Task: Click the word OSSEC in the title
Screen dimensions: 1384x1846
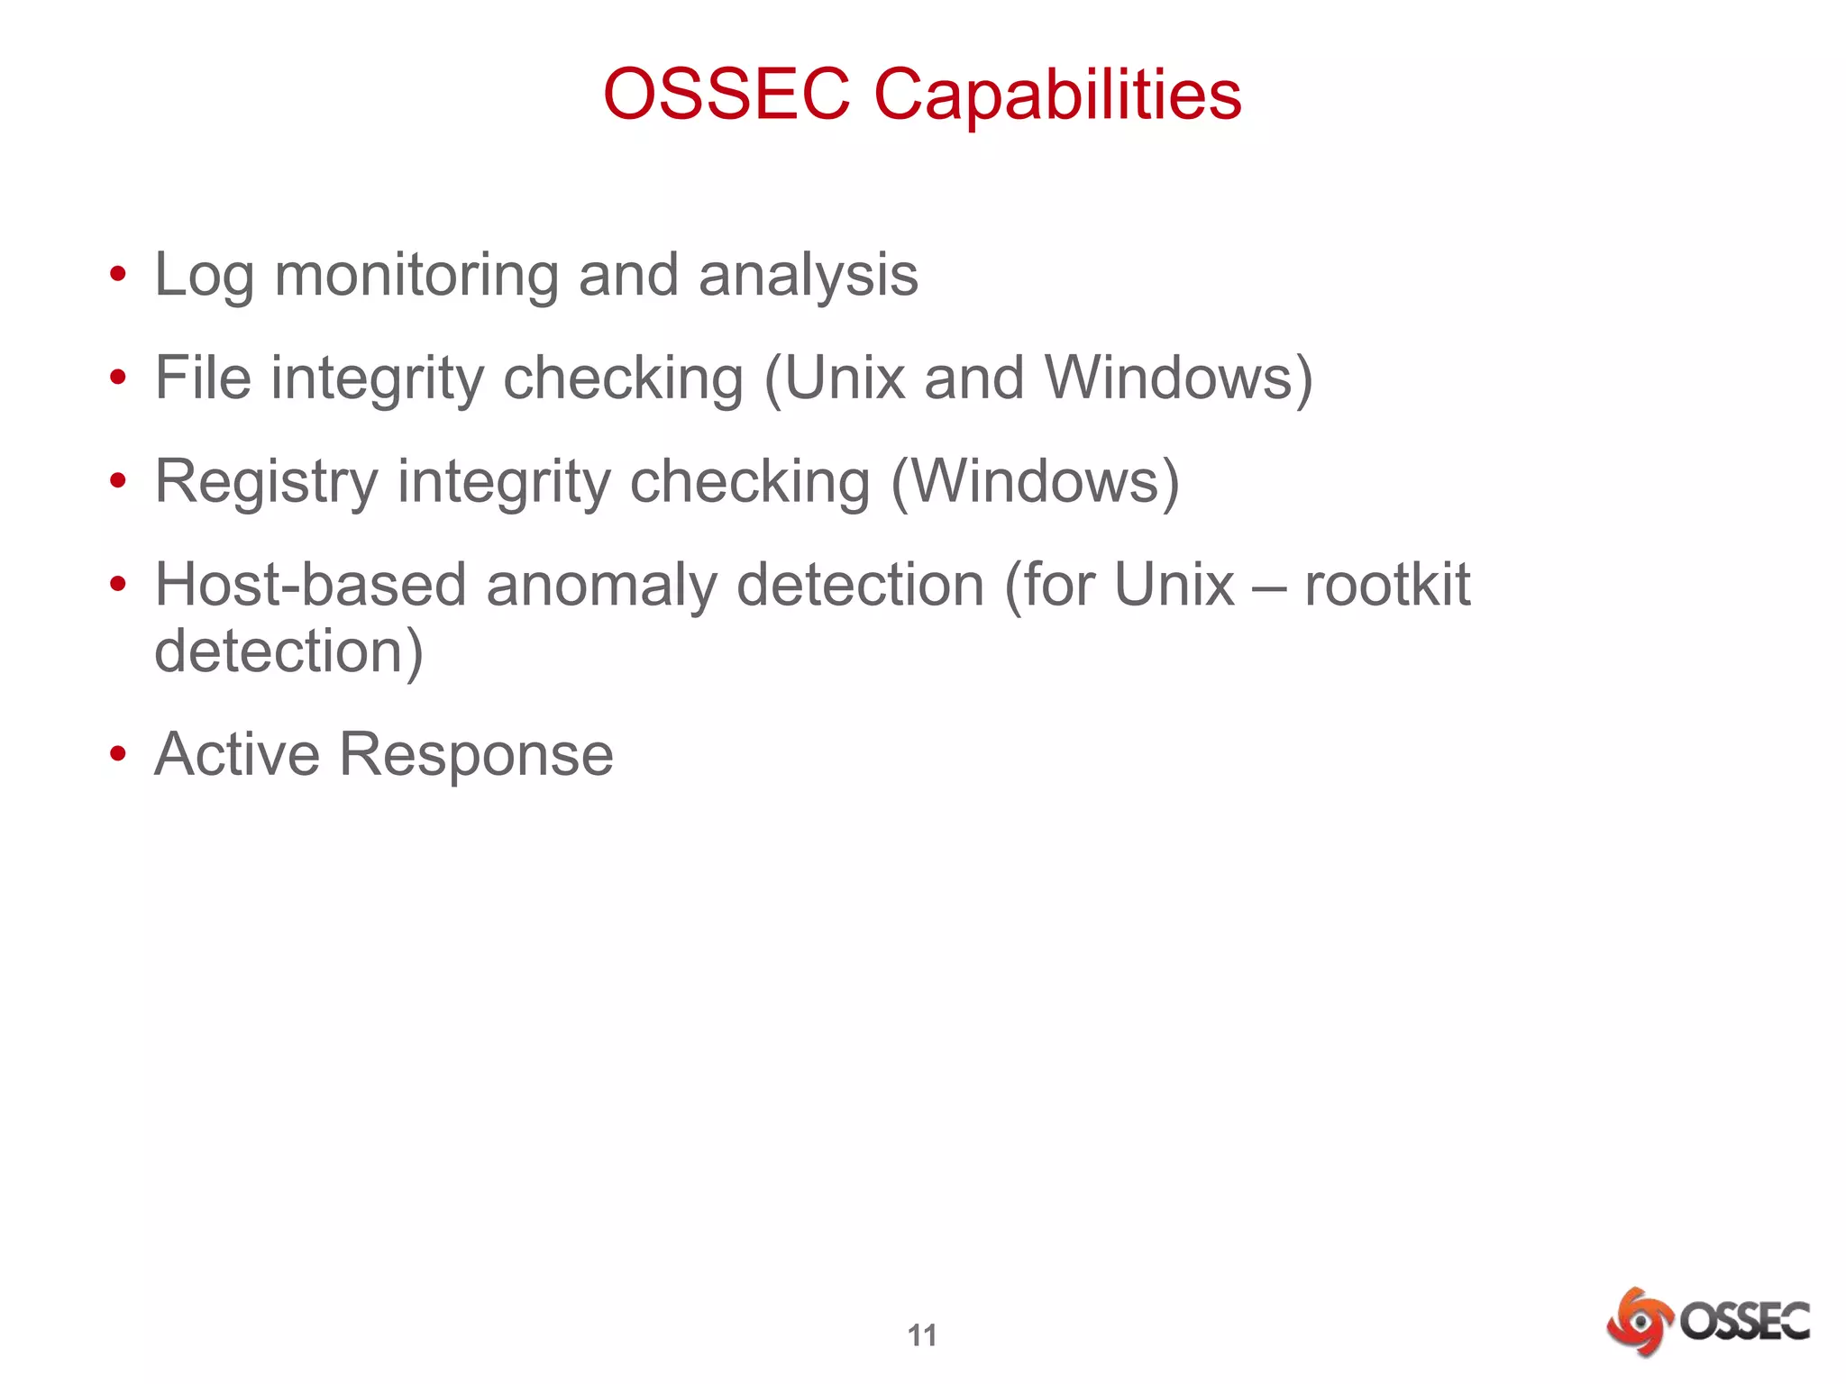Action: point(727,94)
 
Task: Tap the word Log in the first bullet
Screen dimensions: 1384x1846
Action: point(204,275)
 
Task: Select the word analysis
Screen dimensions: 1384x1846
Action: point(809,275)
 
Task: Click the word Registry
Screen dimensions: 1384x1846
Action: point(266,481)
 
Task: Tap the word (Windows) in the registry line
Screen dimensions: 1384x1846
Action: point(1035,481)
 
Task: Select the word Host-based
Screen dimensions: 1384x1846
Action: point(310,585)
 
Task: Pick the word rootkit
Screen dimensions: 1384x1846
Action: point(1387,585)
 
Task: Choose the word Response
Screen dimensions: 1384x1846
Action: point(476,755)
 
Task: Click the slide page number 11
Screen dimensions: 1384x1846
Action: point(922,1334)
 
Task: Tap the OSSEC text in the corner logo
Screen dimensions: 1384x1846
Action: point(1743,1322)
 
